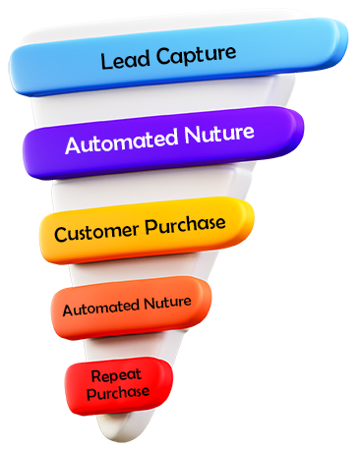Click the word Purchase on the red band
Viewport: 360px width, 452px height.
117,392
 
